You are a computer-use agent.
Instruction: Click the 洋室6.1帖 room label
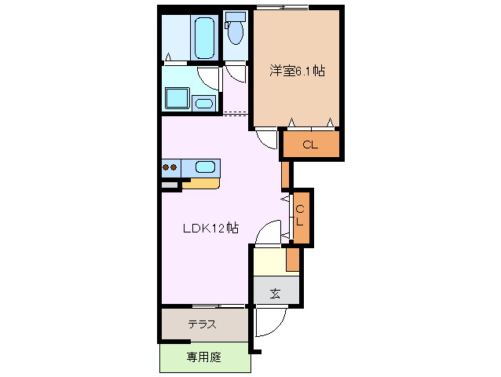pyautogui.click(x=297, y=71)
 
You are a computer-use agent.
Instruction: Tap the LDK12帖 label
pyautogui.click(x=210, y=229)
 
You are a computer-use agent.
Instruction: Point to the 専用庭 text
pyautogui.click(x=204, y=357)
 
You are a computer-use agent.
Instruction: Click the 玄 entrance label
pyautogui.click(x=276, y=294)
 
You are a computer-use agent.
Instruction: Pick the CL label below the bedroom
pyautogui.click(x=310, y=145)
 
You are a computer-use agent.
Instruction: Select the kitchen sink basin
pyautogui.click(x=206, y=167)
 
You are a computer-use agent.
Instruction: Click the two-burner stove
pyautogui.click(x=170, y=167)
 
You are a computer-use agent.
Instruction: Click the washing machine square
pyautogui.click(x=176, y=100)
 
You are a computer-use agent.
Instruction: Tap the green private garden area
pyautogui.click(x=204, y=358)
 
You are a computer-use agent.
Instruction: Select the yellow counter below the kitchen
pyautogui.click(x=200, y=184)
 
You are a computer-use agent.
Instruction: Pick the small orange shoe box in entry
pyautogui.click(x=293, y=258)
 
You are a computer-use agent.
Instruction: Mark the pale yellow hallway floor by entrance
pyautogui.click(x=269, y=261)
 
